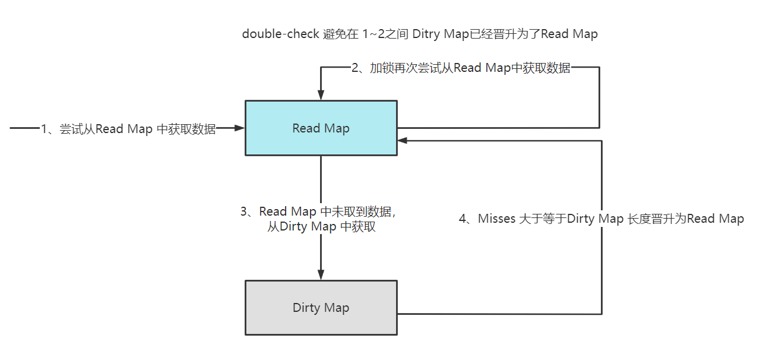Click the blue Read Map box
point(321,143)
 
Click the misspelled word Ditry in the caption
point(427,34)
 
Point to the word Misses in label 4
point(496,219)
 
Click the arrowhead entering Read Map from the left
point(240,128)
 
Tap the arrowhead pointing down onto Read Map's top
point(321,96)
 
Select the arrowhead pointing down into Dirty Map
point(321,274)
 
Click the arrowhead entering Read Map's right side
point(403,141)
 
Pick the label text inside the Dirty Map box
point(321,308)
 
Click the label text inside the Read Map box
point(321,128)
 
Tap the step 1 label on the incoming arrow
point(128,129)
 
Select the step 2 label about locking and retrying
point(461,68)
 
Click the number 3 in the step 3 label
point(243,211)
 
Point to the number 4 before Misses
point(463,219)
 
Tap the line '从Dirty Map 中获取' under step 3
point(321,226)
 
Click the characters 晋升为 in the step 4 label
point(670,219)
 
